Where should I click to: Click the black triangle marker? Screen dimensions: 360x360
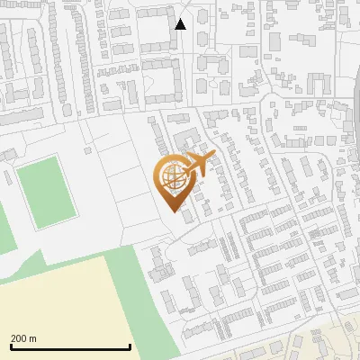tap(181, 24)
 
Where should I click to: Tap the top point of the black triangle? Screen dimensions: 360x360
tap(181, 18)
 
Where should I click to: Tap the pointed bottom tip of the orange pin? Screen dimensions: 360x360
tap(176, 212)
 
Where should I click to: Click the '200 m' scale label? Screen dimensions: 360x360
tap(23, 338)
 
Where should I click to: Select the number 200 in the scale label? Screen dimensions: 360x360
tap(19, 338)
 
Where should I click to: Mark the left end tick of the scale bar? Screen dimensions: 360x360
tap(10, 346)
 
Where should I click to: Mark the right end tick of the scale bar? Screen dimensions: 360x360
tap(130, 346)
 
